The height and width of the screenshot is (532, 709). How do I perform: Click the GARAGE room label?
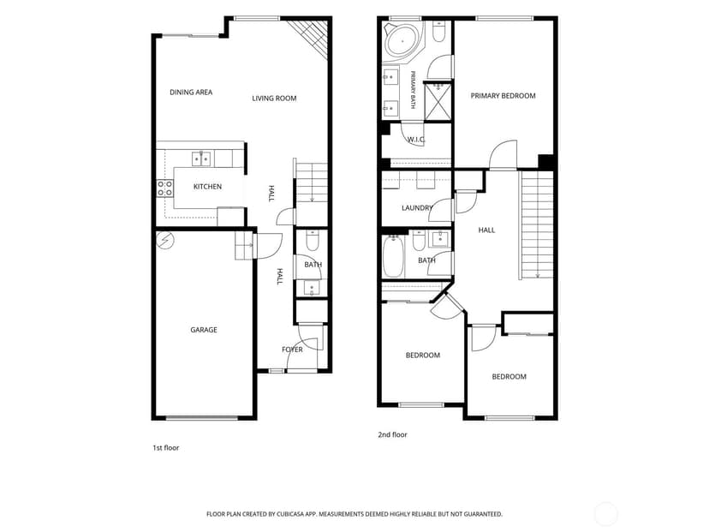pos(204,330)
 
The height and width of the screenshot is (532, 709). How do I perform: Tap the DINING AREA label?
pos(191,93)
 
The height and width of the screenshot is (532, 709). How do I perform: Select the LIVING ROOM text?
pos(274,99)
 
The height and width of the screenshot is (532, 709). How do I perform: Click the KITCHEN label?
pos(207,187)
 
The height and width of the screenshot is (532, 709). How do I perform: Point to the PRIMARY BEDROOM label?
pos(503,96)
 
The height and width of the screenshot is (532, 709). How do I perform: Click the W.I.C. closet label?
pos(416,140)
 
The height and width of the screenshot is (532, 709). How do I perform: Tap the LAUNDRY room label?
pos(417,208)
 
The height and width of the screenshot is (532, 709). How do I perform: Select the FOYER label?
pos(292,350)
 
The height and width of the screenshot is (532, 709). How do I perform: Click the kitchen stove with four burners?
pos(165,188)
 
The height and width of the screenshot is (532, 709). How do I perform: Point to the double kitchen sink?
pos(201,158)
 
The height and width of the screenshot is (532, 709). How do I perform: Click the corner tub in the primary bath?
pos(402,42)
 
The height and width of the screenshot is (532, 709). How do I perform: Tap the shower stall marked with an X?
pos(438,101)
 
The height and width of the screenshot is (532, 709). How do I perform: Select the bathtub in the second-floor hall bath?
pos(393,256)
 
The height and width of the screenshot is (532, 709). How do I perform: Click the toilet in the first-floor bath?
pos(313,241)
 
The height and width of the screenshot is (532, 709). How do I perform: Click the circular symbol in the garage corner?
pos(164,240)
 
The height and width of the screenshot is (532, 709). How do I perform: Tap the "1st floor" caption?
pos(165,448)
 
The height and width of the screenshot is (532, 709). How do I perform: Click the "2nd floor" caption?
pos(392,434)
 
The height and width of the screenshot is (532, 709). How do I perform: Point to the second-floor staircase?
pos(537,225)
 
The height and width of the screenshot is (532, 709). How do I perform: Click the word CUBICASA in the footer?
pos(292,514)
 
